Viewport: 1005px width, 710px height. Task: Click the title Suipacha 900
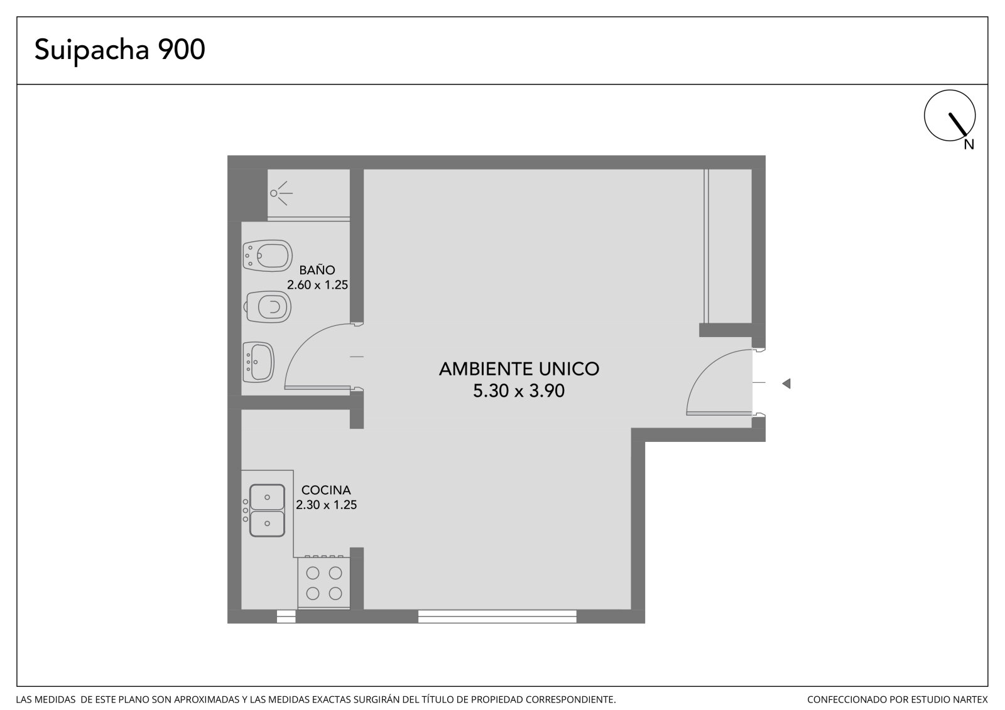(x=120, y=50)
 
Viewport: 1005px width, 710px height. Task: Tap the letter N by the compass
(x=969, y=144)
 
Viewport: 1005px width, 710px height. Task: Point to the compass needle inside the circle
(x=957, y=124)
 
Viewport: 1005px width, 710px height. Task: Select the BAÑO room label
(x=317, y=270)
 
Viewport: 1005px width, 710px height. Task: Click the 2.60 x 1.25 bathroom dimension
(x=317, y=285)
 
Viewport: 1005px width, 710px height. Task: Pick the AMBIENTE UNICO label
(x=519, y=369)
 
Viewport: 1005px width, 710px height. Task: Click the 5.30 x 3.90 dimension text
(x=519, y=390)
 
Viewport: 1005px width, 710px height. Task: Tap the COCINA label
(x=326, y=490)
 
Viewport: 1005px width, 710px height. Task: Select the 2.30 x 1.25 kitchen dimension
(x=326, y=505)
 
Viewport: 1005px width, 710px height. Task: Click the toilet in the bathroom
(x=268, y=307)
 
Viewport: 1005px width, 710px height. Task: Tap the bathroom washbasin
(x=258, y=362)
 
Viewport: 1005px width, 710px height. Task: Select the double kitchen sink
(x=267, y=510)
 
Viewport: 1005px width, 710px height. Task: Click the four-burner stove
(x=324, y=583)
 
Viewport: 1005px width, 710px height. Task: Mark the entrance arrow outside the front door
(x=786, y=384)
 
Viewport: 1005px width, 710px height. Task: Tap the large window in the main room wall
(x=497, y=616)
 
